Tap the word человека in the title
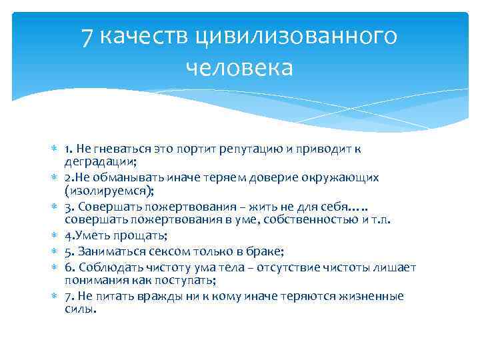click(240, 68)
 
